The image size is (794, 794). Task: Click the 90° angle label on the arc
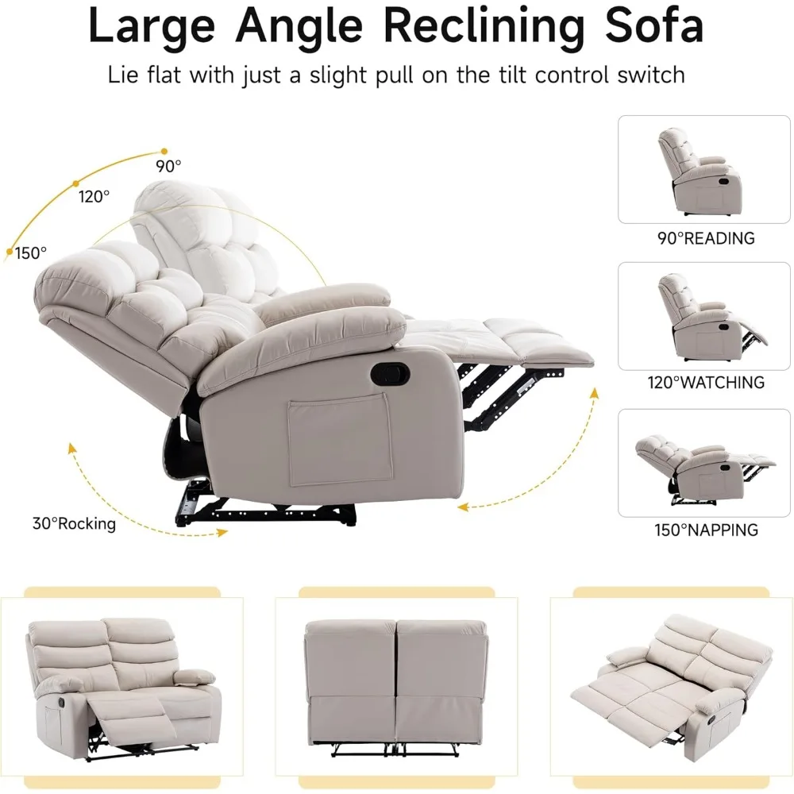(168, 167)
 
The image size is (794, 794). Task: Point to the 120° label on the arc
(94, 196)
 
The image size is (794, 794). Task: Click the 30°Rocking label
(74, 524)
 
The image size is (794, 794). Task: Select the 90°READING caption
(705, 238)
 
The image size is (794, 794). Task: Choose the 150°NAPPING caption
(706, 530)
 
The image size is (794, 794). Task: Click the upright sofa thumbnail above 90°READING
(700, 171)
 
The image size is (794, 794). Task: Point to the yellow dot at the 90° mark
(164, 150)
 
